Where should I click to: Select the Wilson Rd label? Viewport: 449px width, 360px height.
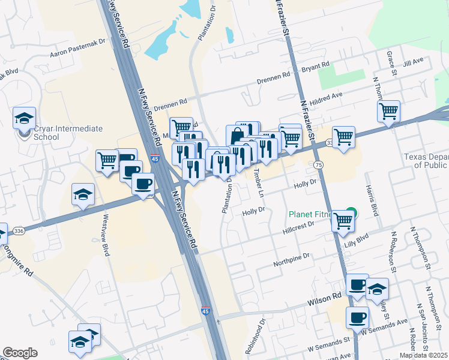325,296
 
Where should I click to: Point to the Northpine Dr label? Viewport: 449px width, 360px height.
292,256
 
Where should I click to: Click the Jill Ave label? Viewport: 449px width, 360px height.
414,61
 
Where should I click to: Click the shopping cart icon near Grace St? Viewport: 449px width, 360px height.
388,110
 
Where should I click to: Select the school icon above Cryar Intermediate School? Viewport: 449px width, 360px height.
24,118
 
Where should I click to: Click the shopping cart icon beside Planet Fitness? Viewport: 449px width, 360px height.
343,220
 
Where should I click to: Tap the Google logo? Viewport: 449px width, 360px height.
20,353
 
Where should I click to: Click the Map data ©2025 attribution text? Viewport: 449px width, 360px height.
424,355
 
